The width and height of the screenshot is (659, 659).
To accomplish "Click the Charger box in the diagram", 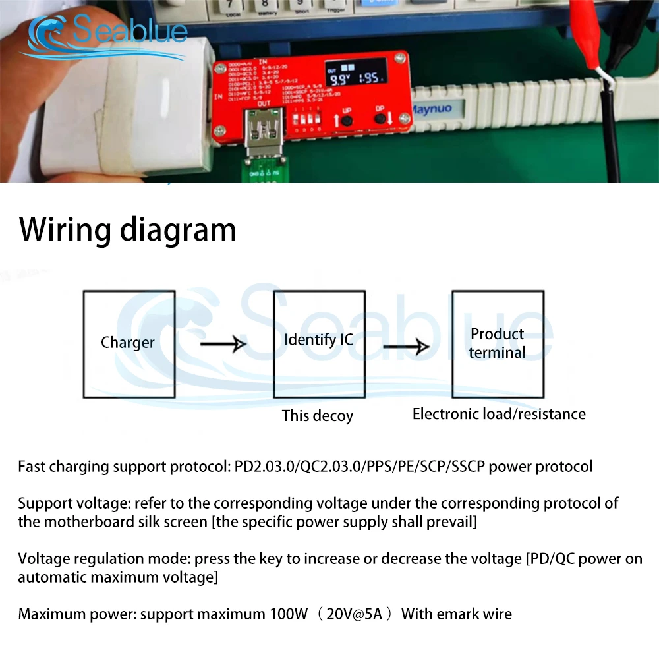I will [129, 344].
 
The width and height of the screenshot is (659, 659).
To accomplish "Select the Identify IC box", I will [319, 344].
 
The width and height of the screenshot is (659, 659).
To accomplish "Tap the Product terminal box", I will [498, 344].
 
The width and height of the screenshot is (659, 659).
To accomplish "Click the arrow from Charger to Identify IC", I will [223, 343].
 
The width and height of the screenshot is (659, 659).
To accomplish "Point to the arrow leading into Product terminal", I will [406, 346].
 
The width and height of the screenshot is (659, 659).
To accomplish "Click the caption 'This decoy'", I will [318, 416].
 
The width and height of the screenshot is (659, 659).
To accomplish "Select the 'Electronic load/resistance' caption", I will [499, 414].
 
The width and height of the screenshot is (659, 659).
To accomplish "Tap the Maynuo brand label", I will [432, 109].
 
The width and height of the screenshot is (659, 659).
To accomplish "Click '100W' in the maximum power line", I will [289, 614].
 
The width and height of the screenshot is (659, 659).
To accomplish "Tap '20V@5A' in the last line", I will [354, 614].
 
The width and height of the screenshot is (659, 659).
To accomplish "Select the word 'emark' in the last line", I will [459, 614].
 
